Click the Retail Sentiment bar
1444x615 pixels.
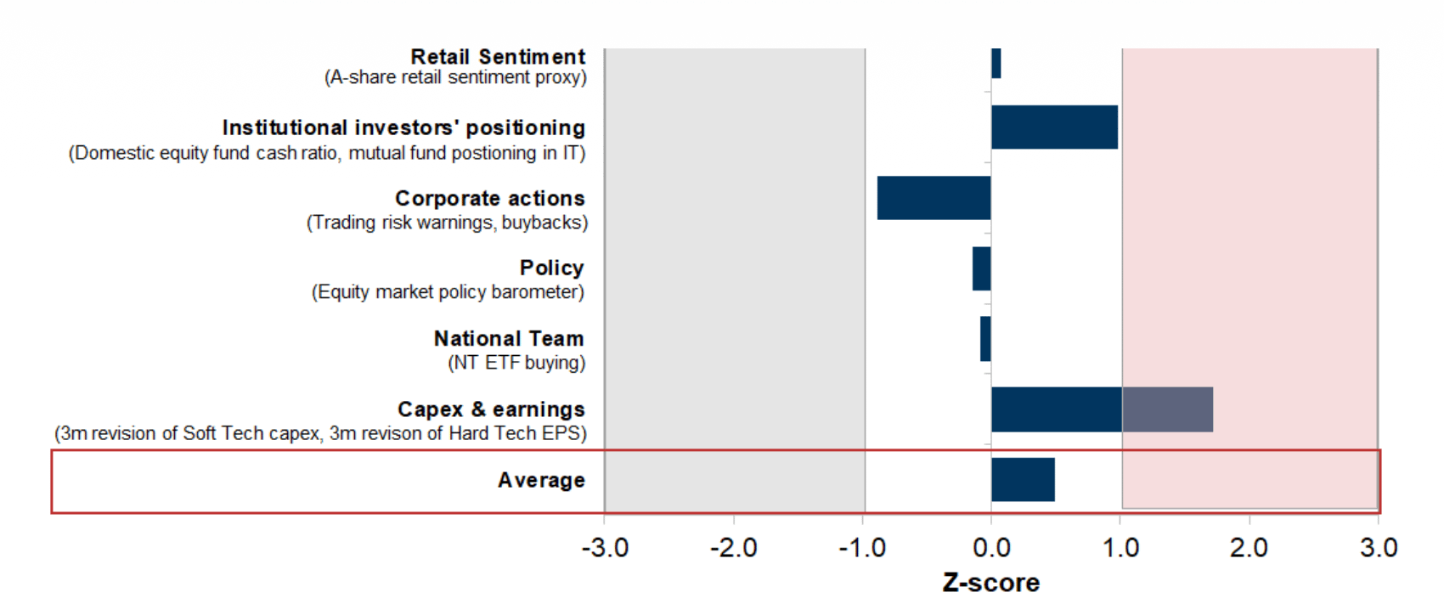(x=996, y=63)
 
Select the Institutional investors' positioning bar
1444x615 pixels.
(x=1055, y=127)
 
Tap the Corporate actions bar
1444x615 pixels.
(x=934, y=198)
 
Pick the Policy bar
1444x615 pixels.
(x=982, y=268)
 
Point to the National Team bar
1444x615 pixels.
(x=985, y=338)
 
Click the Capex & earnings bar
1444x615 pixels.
(x=1103, y=409)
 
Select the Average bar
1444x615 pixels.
(x=1023, y=480)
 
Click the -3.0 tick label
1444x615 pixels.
(x=605, y=548)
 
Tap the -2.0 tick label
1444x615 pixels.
(x=734, y=548)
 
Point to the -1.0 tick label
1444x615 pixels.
(x=862, y=548)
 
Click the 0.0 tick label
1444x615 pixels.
(x=991, y=548)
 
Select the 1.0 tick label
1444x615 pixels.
(x=1121, y=548)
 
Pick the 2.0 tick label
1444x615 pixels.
(x=1249, y=548)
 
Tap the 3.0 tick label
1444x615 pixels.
(x=1379, y=548)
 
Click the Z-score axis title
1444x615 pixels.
(x=991, y=583)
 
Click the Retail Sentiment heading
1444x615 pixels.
(x=499, y=57)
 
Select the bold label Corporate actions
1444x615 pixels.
(x=490, y=198)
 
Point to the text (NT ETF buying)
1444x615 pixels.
(x=516, y=363)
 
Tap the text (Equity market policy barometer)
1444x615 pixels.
(x=448, y=292)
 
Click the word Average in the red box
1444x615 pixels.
(x=542, y=480)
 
